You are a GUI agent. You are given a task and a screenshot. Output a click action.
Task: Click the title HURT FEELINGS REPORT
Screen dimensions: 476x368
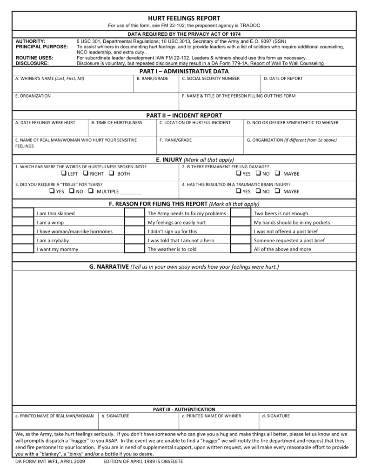184,18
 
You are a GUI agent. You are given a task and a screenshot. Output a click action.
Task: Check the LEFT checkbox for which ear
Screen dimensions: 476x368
63,174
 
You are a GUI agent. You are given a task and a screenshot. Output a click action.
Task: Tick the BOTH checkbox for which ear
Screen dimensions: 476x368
112,174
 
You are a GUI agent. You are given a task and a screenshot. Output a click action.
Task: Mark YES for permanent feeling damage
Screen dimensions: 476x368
238,174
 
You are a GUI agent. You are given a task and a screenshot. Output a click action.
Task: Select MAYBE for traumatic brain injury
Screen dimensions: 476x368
277,191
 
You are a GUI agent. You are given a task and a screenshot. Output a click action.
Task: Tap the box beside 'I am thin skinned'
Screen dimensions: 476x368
23,214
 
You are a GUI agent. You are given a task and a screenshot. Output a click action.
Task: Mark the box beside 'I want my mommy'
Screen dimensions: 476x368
23,249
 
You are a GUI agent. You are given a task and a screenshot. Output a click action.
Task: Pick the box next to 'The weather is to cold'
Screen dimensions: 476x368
134,249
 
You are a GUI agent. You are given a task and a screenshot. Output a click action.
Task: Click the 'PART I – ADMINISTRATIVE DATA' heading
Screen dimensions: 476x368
184,71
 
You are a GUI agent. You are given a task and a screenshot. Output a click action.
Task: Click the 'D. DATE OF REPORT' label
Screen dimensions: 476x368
283,79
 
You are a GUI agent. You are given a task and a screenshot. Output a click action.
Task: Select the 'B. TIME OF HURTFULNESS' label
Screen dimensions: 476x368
117,123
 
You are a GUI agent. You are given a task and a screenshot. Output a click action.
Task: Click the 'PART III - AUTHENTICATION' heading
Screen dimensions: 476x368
184,409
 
